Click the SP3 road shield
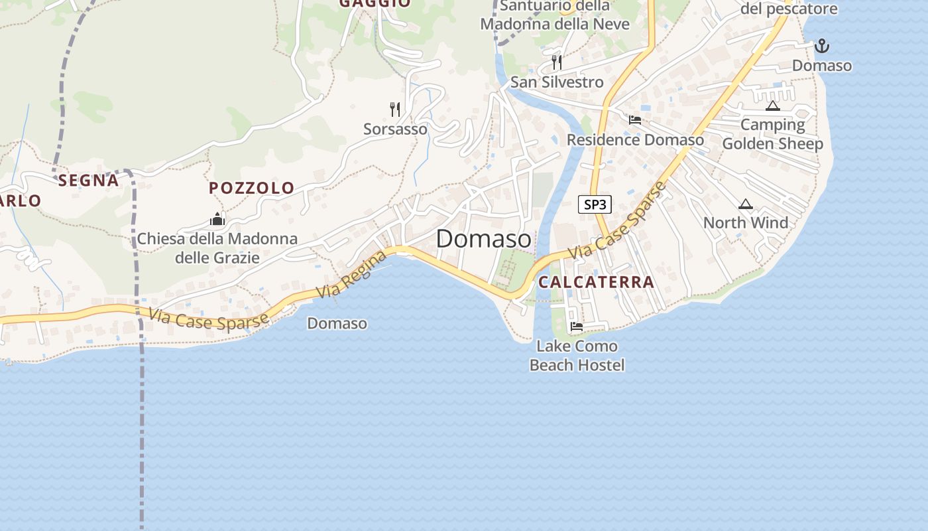point(595,204)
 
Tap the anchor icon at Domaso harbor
point(822,46)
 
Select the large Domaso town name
point(483,239)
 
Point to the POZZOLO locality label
point(252,188)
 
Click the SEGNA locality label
point(88,180)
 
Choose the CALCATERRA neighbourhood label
point(596,282)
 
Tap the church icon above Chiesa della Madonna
point(217,219)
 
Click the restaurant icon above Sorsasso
point(395,109)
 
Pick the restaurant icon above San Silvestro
point(557,62)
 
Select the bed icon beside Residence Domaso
point(635,120)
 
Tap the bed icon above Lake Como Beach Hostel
point(577,327)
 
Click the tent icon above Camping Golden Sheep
point(772,106)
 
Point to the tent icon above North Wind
point(746,204)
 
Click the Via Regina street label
point(351,274)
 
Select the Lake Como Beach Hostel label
point(577,356)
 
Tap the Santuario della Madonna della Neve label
point(555,15)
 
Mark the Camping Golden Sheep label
point(772,134)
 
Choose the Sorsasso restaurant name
point(395,129)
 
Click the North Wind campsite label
point(746,223)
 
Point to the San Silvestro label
point(557,82)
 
